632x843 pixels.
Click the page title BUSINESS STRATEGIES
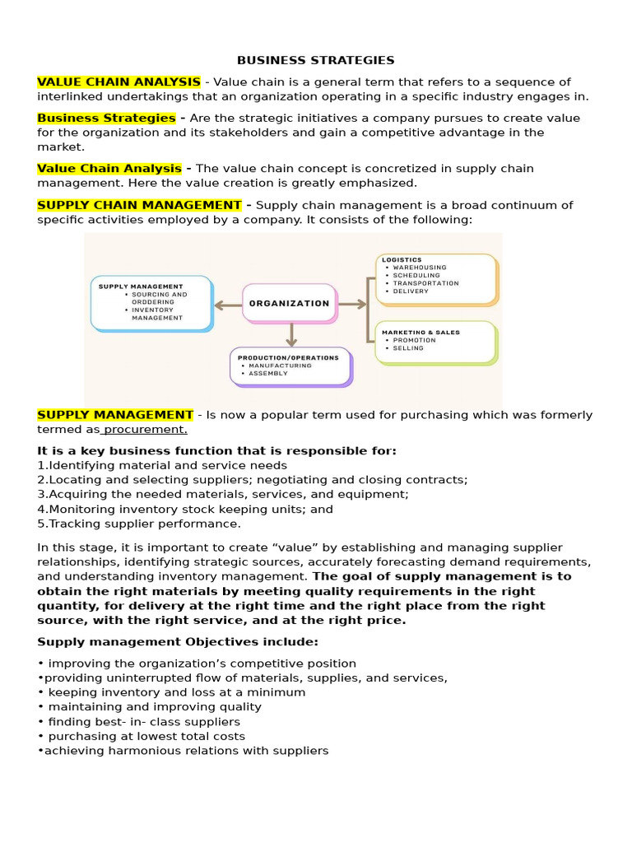tap(315, 60)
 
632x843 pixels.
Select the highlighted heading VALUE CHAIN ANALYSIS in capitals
tap(118, 82)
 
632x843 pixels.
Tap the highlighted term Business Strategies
tap(106, 118)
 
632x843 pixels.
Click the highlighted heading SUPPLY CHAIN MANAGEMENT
tap(139, 205)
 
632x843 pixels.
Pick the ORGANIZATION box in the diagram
tap(289, 303)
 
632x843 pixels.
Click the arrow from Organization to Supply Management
tap(227, 305)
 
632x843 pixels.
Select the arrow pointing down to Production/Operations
tap(290, 334)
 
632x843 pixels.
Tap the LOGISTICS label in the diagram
tap(402, 260)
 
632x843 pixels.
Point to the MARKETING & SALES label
tap(421, 332)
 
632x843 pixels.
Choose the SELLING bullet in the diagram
tap(408, 347)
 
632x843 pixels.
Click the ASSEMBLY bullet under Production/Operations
tap(267, 373)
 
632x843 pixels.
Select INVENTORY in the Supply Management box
tap(152, 310)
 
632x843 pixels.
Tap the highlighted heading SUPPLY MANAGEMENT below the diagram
tap(115, 415)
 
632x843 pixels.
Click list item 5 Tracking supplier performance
tap(139, 524)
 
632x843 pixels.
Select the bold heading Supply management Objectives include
tap(178, 641)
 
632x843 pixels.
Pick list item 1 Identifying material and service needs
tap(162, 465)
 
